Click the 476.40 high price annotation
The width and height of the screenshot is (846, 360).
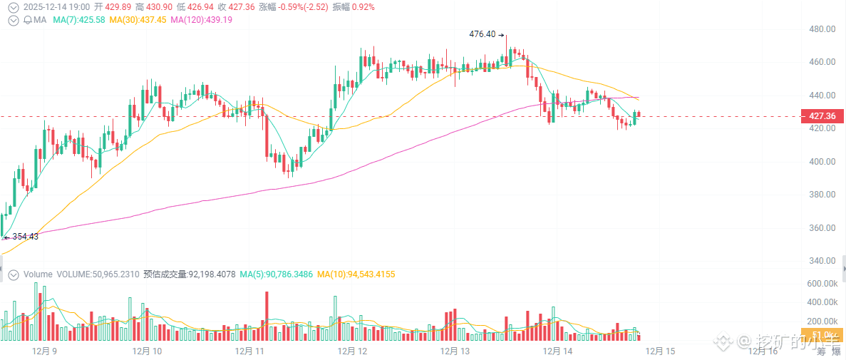point(483,34)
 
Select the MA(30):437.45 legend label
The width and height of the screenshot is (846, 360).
point(138,20)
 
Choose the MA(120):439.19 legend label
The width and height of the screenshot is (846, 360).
point(201,20)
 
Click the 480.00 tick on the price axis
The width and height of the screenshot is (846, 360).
point(821,29)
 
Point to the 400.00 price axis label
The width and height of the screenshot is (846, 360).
point(821,162)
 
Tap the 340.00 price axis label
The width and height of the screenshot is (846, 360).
point(821,261)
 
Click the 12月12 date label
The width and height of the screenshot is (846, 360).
point(352,351)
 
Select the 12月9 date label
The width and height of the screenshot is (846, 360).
point(46,351)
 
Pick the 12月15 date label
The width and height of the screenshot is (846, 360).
point(660,351)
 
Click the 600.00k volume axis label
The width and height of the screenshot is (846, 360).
point(821,284)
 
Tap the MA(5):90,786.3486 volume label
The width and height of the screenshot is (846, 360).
point(277,274)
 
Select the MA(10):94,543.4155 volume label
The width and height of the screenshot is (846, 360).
point(356,274)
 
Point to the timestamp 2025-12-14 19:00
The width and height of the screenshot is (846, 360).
point(53,6)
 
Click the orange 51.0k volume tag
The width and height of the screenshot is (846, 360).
point(822,335)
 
